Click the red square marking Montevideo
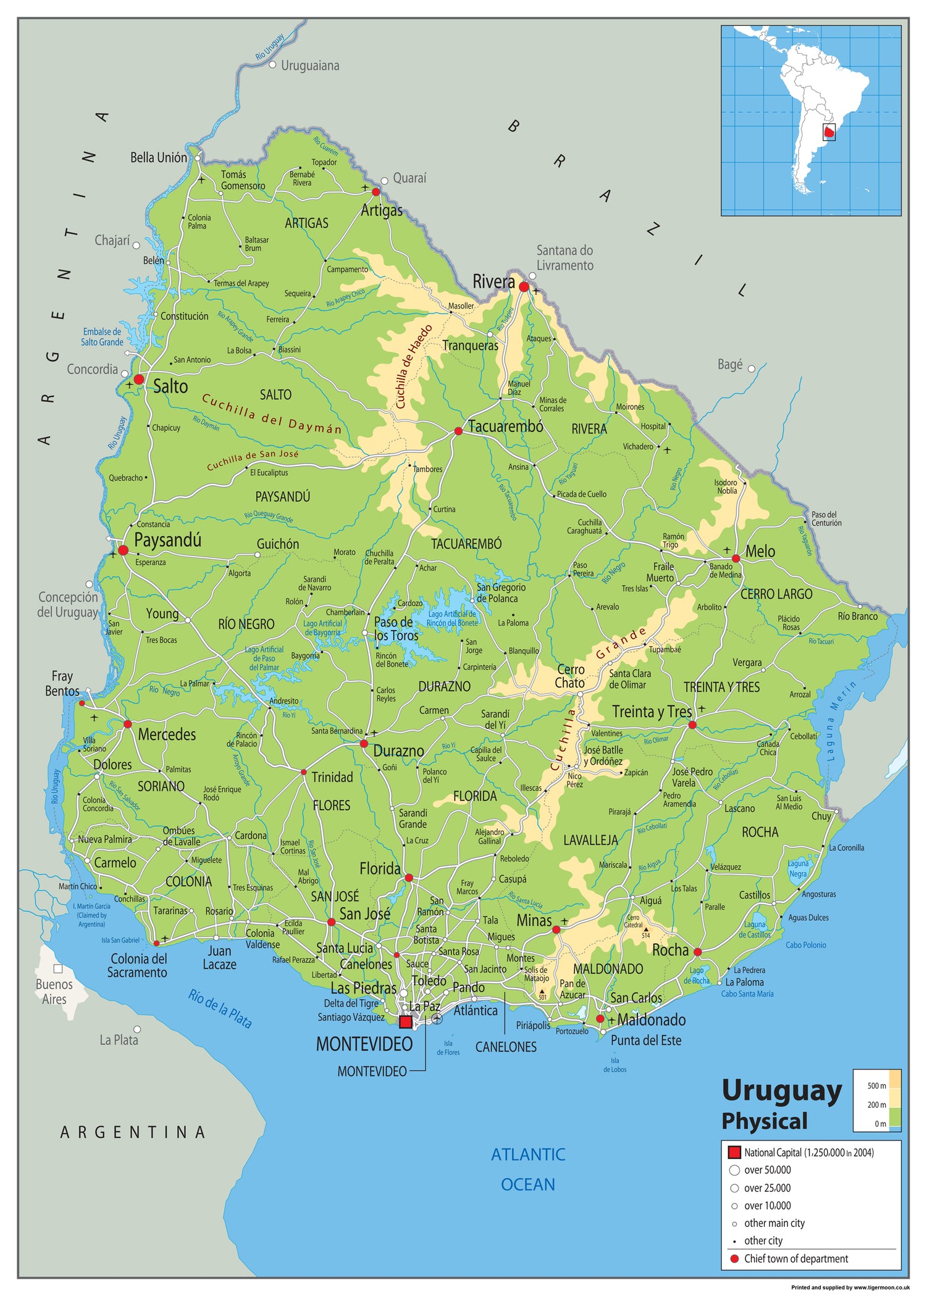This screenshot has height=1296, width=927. [x=405, y=1022]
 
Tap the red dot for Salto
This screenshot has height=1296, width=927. [x=139, y=379]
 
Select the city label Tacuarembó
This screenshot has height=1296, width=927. [x=505, y=426]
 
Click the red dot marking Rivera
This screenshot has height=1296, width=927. [x=524, y=286]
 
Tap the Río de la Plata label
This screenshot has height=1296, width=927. [x=220, y=1008]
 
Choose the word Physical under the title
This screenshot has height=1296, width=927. [x=764, y=1120]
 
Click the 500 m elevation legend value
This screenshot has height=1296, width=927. [x=876, y=1086]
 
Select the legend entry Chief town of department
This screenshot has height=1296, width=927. [x=795, y=1258]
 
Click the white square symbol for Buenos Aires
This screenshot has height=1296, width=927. [x=57, y=969]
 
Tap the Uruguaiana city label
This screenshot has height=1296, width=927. [x=310, y=65]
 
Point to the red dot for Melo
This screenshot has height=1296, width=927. [x=736, y=558]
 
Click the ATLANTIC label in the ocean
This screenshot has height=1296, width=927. [x=528, y=1154]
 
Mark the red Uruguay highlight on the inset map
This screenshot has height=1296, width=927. [x=829, y=132]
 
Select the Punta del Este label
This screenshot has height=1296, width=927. [x=646, y=1041]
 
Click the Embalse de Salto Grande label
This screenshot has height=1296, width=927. [x=103, y=337]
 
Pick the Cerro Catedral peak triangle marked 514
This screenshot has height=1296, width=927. [x=646, y=929]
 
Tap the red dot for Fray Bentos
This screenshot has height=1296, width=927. [x=82, y=703]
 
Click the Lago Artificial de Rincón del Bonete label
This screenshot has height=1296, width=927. [x=452, y=618]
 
